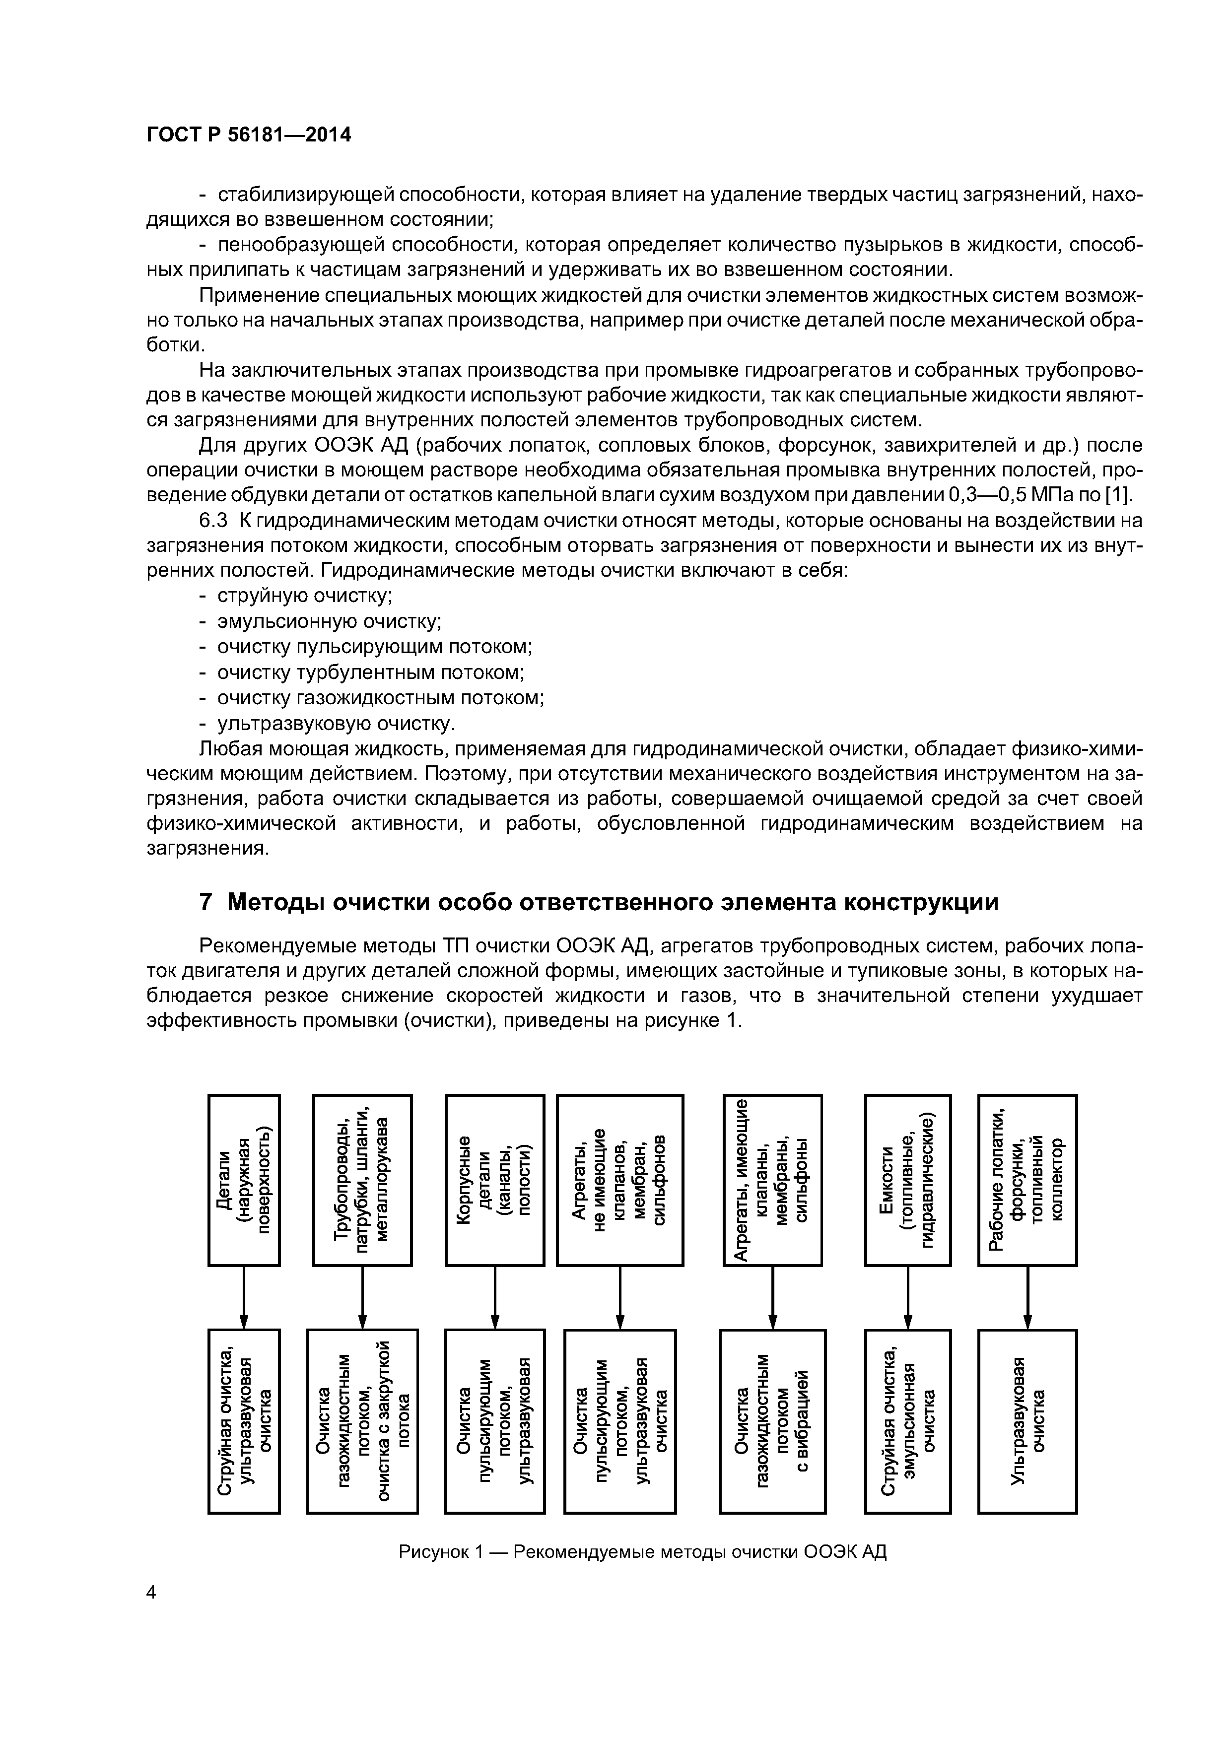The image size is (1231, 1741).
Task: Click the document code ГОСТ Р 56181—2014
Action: pos(249,135)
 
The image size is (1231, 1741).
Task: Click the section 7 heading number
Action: pos(205,902)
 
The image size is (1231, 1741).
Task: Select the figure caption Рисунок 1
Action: pos(642,1551)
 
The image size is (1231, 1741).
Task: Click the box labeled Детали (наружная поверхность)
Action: pos(244,1180)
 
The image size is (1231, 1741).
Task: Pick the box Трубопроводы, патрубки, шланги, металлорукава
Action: pos(362,1180)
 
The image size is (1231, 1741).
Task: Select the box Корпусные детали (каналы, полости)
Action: pos(494,1180)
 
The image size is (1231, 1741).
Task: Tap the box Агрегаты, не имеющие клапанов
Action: pos(619,1180)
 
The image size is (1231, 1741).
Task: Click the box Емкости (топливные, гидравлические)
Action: pos(907,1180)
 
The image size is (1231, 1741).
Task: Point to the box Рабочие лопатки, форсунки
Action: pos(1027,1180)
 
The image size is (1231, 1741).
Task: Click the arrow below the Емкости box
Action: pos(908,1297)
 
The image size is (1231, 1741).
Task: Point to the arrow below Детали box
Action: pos(244,1297)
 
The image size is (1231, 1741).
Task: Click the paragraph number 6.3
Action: pos(213,521)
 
